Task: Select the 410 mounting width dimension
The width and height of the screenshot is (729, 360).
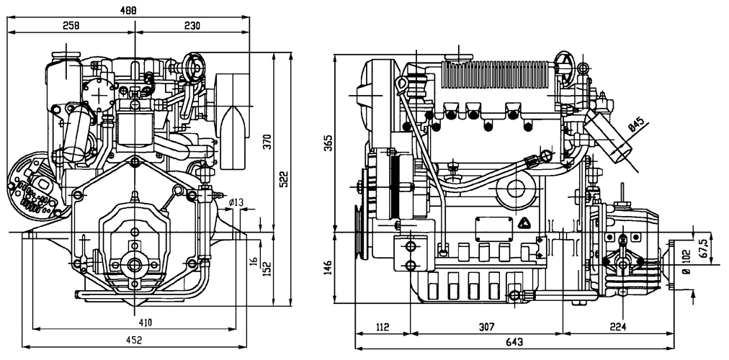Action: click(145, 323)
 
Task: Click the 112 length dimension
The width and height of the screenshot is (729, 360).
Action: click(382, 327)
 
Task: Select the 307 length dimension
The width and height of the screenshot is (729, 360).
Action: click(487, 327)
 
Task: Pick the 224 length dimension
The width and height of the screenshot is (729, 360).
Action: click(617, 327)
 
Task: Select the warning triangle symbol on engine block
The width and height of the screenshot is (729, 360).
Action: click(526, 223)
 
